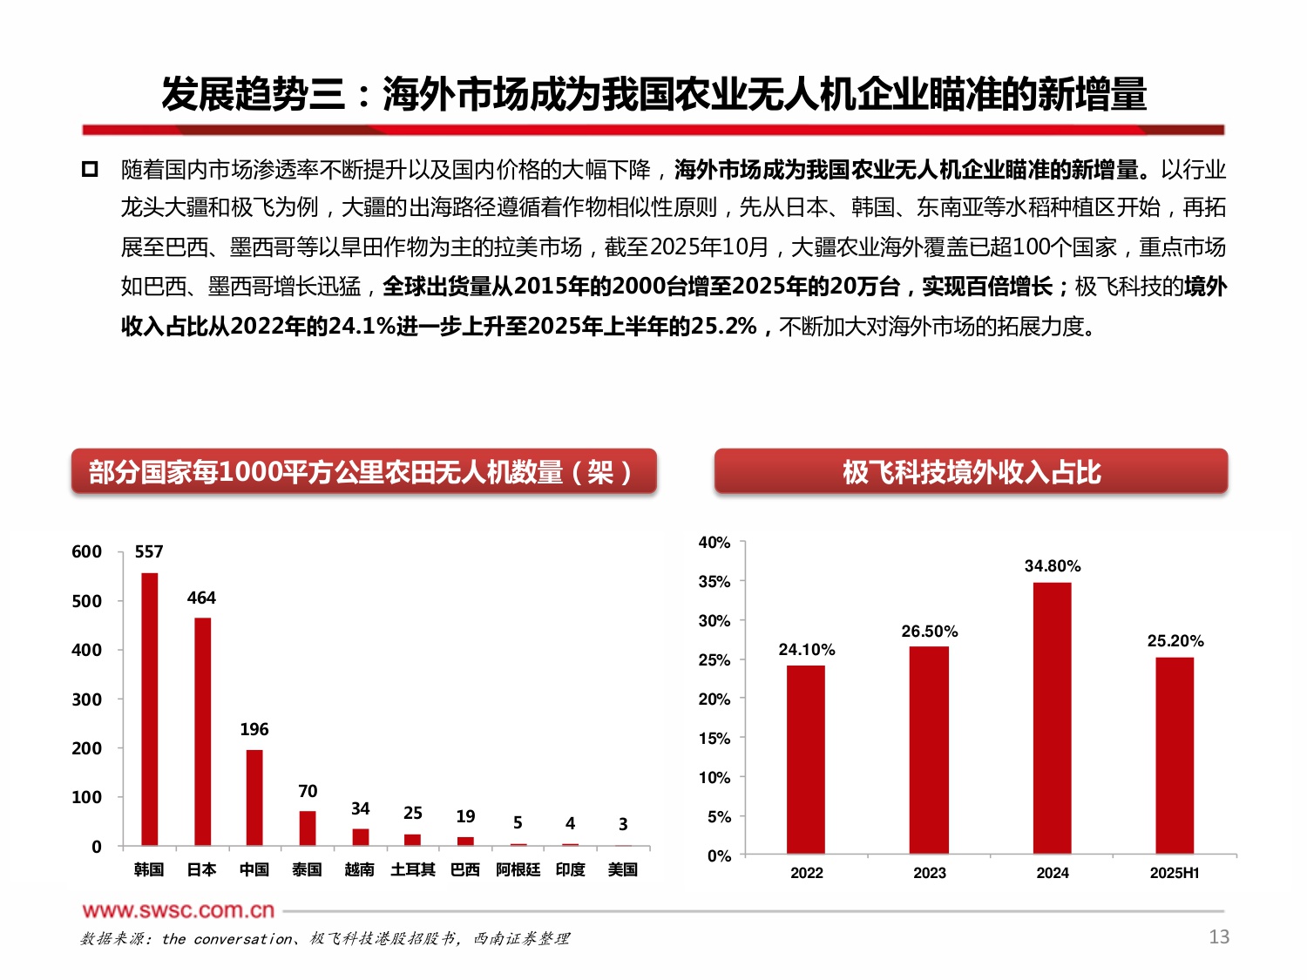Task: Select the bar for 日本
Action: [x=202, y=731]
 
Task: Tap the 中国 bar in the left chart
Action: [x=254, y=797]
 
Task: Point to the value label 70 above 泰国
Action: [x=308, y=791]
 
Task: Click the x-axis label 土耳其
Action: [x=412, y=869]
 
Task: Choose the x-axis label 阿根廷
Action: [x=518, y=869]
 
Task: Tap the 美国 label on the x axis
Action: [x=623, y=869]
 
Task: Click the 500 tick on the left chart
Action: [x=86, y=601]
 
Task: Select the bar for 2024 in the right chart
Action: [x=1053, y=718]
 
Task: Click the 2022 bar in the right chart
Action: [x=806, y=759]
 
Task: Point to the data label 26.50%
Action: [x=930, y=632]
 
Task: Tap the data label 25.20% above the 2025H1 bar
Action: [x=1175, y=641]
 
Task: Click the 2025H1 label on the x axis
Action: [x=1175, y=873]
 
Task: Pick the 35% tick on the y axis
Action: [x=714, y=582]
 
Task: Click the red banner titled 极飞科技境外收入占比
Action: [x=971, y=472]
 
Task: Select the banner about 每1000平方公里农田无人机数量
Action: [x=363, y=472]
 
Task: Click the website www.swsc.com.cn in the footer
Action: [x=179, y=910]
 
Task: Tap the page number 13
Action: [x=1219, y=936]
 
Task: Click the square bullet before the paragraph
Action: [x=90, y=169]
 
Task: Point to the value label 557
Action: [x=149, y=551]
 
